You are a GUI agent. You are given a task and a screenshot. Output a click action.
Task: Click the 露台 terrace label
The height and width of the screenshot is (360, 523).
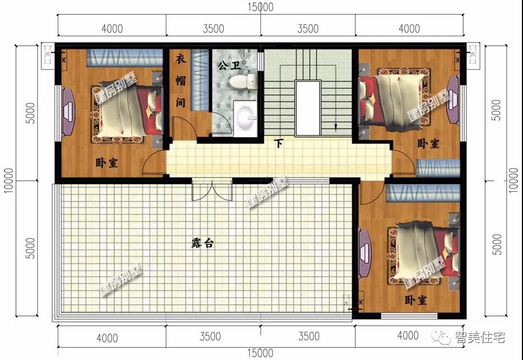click(203, 243)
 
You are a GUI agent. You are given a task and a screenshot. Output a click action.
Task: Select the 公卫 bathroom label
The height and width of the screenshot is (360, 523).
click(229, 65)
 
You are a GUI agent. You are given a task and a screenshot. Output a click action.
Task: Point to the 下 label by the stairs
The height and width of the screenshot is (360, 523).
click(279, 143)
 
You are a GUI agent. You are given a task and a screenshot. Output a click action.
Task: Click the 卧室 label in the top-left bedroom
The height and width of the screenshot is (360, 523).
click(107, 163)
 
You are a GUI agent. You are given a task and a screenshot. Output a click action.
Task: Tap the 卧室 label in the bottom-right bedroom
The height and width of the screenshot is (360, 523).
click(415, 300)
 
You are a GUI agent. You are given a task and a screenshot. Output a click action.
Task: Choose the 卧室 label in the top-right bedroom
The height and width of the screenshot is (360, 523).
click(429, 144)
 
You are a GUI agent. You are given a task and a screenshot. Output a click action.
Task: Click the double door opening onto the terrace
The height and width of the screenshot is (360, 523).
click(212, 190)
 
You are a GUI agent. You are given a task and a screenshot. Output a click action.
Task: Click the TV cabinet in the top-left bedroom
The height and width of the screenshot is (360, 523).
click(68, 112)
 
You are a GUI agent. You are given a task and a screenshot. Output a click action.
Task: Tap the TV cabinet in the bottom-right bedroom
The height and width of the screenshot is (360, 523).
click(364, 253)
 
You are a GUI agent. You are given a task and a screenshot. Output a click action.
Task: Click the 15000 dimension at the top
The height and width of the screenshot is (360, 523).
click(260, 7)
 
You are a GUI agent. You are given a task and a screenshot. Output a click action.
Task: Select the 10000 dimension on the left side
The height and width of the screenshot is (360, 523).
click(9, 180)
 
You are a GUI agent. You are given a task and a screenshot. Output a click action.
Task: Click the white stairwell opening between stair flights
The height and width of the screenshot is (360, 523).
click(308, 108)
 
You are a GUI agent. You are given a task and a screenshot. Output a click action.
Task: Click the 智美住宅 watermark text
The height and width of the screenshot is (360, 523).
click(480, 337)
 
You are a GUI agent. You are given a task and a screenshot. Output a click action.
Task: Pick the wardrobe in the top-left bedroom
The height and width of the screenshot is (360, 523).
click(125, 58)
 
